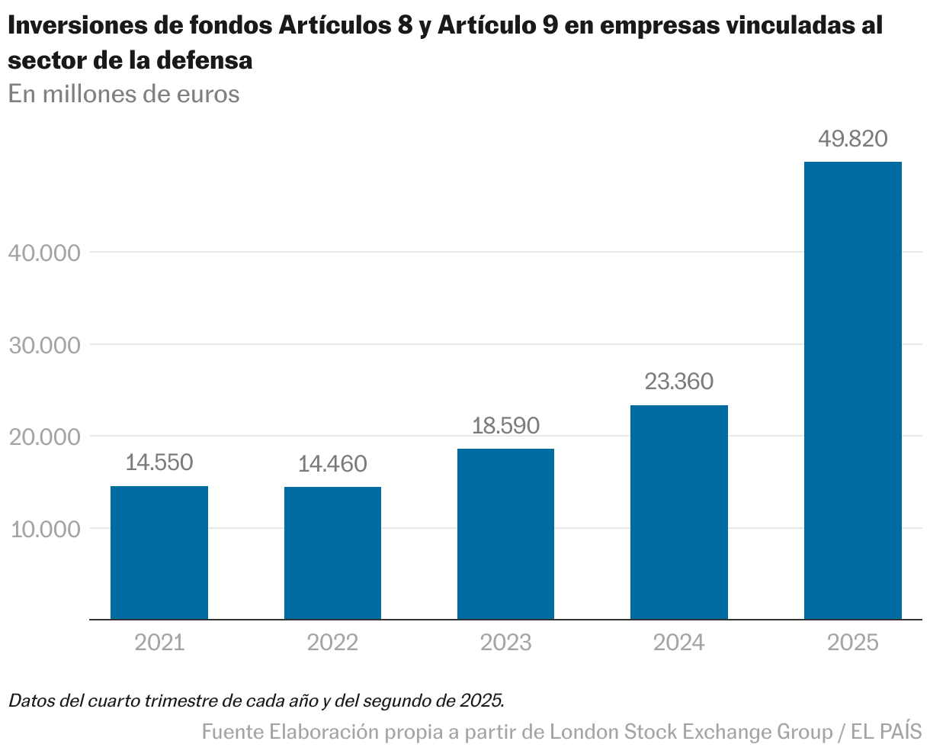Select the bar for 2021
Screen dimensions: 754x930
[x=159, y=553]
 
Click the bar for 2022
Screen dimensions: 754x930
[x=332, y=553]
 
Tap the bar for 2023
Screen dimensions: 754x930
[x=505, y=534]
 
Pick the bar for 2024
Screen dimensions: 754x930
[x=678, y=512]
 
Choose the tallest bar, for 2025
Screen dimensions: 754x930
[x=852, y=391]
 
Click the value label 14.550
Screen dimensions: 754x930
[x=159, y=462]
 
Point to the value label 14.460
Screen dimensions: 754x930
[x=332, y=464]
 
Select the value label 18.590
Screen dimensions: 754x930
[x=505, y=425]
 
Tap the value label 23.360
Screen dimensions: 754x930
[x=678, y=382]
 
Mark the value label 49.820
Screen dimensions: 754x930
[x=852, y=139]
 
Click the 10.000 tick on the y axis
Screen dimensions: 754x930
[x=46, y=529]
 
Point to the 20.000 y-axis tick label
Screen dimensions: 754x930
[x=46, y=437]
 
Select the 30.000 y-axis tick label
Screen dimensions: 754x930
[x=46, y=345]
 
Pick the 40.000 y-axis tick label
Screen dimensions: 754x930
[x=46, y=253]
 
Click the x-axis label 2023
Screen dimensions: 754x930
[x=505, y=643]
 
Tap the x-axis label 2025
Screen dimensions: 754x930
[x=852, y=643]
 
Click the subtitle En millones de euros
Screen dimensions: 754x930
[x=123, y=94]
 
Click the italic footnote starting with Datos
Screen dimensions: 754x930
[x=256, y=700]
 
